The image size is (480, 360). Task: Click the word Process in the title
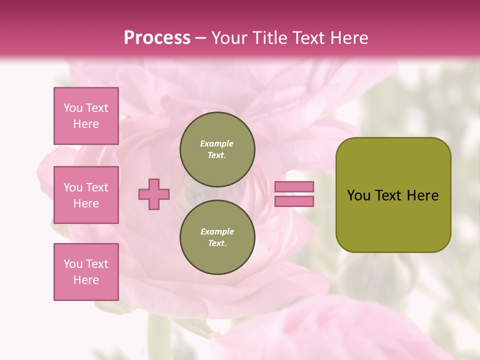157,38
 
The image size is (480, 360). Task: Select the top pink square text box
86,116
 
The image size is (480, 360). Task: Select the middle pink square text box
86,195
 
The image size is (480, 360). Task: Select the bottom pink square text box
86,272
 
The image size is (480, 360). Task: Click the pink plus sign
154,194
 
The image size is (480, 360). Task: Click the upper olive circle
217,149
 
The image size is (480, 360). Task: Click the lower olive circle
217,237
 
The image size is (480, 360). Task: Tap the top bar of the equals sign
294,186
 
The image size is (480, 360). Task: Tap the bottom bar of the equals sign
294,201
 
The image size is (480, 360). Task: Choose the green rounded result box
393,195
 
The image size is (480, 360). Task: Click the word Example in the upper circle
216,143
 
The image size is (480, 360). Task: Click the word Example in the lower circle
217,231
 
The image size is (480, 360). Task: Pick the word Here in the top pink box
86,124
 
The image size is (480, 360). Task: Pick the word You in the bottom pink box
73,264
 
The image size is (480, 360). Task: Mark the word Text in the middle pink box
97,187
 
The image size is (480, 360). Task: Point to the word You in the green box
358,195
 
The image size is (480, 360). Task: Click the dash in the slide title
201,38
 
